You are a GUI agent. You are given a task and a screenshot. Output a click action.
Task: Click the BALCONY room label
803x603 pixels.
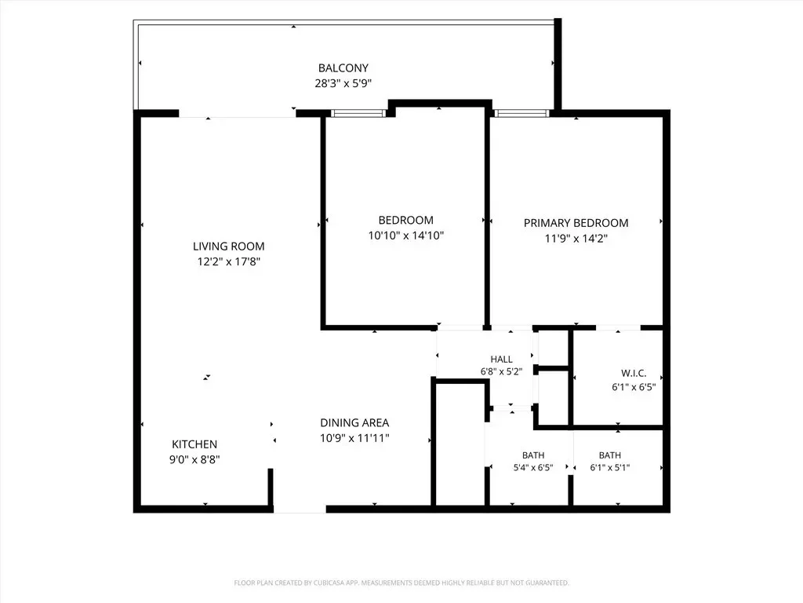343,68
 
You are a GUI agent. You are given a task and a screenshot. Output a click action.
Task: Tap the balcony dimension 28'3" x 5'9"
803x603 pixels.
343,83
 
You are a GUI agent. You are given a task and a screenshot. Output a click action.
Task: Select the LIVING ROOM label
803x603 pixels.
229,247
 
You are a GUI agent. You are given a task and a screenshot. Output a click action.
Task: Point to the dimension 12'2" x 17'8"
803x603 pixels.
229,262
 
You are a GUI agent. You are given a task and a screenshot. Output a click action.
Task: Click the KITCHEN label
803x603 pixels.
194,444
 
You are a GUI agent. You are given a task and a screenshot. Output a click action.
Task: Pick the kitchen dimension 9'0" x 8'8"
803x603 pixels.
194,460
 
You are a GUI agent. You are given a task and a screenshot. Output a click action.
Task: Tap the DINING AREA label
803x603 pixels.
354,423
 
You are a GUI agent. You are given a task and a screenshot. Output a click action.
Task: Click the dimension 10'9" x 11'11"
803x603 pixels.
354,438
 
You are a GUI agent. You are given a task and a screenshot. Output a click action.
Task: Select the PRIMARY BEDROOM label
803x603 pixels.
576,223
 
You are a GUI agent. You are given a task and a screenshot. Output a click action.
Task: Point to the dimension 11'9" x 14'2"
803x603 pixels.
576,239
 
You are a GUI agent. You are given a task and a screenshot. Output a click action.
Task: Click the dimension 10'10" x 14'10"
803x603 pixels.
406,236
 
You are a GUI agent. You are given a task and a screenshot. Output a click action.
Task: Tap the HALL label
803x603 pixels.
501,360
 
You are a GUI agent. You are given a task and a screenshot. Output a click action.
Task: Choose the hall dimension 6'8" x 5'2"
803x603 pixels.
501,371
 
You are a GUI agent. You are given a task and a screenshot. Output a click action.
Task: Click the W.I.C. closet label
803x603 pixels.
634,374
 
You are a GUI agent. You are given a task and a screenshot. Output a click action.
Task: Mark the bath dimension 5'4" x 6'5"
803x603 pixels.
533,468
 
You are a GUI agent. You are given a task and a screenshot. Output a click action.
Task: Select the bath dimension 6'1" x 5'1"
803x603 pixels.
610,468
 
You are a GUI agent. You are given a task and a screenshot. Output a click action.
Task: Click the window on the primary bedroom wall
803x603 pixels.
521,113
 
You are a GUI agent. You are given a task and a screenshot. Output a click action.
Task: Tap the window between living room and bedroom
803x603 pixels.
358,113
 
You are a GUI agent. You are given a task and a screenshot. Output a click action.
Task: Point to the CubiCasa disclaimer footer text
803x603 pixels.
401,583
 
